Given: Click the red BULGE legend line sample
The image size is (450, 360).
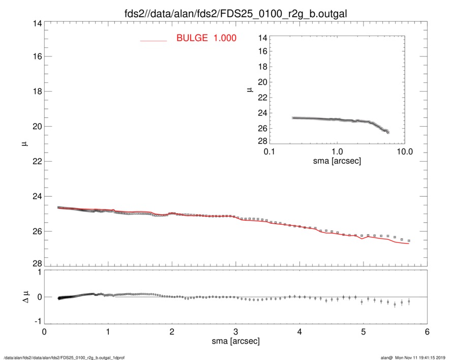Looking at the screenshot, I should (154, 41).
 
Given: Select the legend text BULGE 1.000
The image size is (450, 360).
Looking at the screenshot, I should (206, 38).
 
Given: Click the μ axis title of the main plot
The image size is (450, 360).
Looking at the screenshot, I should (23, 144).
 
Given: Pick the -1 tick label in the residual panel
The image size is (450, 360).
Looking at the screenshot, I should (36, 321).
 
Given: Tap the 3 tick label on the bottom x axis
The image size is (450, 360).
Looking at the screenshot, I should (236, 332).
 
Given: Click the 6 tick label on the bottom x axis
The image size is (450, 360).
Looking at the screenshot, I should (427, 332).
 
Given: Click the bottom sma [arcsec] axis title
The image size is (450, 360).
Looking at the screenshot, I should (236, 342).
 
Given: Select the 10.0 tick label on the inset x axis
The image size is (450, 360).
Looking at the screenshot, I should (404, 152).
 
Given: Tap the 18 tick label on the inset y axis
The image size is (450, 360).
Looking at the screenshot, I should (262, 67).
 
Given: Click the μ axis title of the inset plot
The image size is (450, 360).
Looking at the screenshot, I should (249, 89).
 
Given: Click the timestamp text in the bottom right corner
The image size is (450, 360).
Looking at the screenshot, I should (413, 357).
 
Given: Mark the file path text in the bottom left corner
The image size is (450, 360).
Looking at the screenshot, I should (64, 357).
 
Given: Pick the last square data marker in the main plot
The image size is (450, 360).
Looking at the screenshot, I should (409, 241).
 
